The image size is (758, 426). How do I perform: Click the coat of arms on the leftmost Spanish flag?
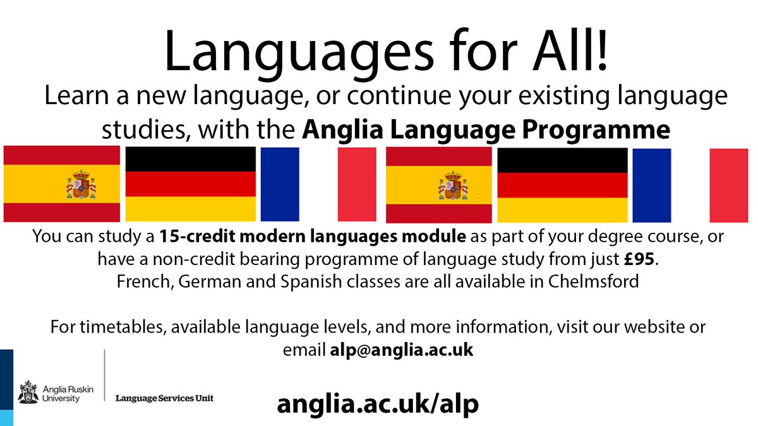pos(80,184)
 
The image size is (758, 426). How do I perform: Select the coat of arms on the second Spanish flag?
pos(451,186)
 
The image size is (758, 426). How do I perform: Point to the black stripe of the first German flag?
pos(191,159)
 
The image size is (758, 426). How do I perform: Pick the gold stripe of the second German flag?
pos(562,210)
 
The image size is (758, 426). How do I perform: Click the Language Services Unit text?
pos(164,398)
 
